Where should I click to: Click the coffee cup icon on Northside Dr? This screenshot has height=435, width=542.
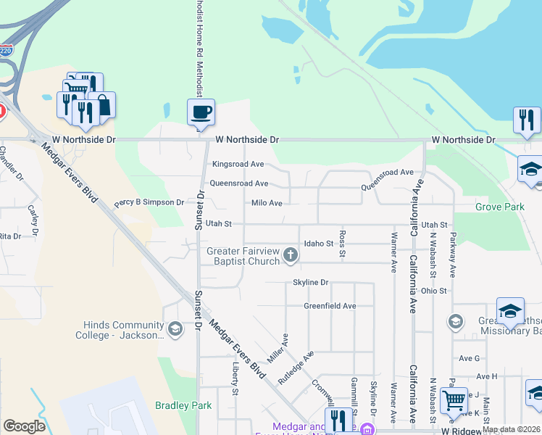(x=201, y=112)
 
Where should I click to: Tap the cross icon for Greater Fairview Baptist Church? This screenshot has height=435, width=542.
(x=291, y=254)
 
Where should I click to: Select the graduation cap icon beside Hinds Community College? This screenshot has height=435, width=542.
(x=175, y=330)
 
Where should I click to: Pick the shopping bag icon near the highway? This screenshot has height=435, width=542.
(x=102, y=105)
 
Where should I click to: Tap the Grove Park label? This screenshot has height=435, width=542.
(x=499, y=207)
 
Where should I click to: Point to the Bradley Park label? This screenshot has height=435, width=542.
(x=183, y=405)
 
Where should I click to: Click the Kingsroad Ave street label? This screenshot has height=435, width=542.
(x=238, y=165)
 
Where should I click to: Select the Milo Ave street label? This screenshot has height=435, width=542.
(x=266, y=204)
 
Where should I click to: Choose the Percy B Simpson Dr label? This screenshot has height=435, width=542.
(x=149, y=202)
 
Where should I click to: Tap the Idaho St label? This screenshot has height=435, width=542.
(x=318, y=244)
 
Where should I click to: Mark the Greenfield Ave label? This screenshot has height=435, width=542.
(x=330, y=306)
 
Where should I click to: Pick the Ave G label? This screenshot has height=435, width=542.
(x=469, y=358)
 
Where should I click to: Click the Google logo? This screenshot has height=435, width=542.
(x=25, y=426)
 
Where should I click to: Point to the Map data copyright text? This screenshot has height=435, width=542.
(x=511, y=429)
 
